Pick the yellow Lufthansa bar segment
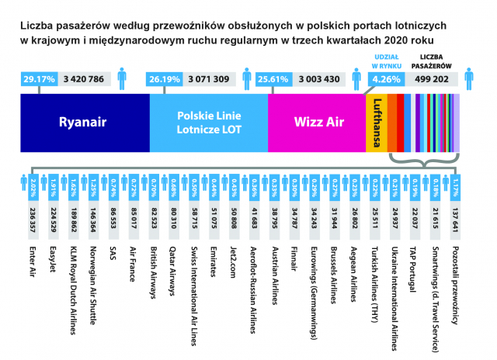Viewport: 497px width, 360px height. tap(376, 122)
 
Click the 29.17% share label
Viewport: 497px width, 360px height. tap(38, 78)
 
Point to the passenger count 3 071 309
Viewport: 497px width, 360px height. tap(209, 78)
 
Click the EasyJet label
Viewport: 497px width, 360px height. tap(53, 260)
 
